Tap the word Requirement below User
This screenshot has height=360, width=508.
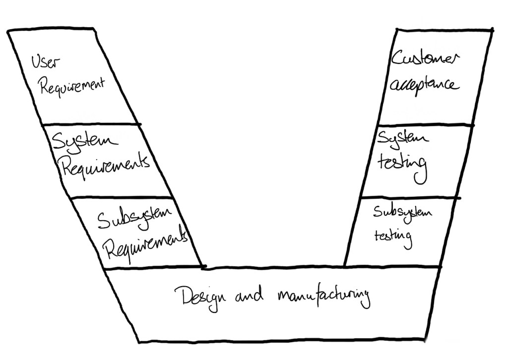coord(72,86)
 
